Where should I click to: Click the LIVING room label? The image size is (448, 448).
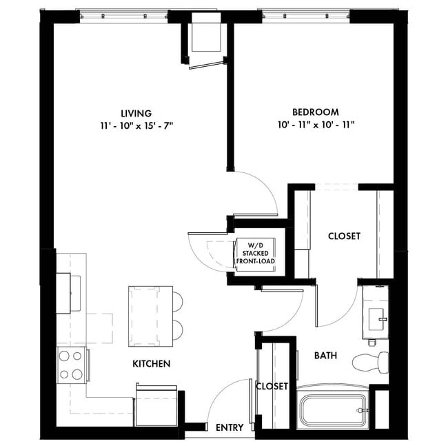point(136,113)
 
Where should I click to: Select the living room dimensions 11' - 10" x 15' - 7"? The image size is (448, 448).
point(136,125)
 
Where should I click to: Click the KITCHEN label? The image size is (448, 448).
point(152,363)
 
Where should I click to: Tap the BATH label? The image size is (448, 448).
point(325,356)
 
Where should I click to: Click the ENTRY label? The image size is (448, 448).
point(230,428)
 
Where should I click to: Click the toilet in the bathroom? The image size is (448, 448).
point(365,362)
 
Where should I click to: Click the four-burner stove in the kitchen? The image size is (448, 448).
point(71,365)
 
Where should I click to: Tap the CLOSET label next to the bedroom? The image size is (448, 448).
point(344,236)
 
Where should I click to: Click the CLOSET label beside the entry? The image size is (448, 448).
point(272,387)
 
